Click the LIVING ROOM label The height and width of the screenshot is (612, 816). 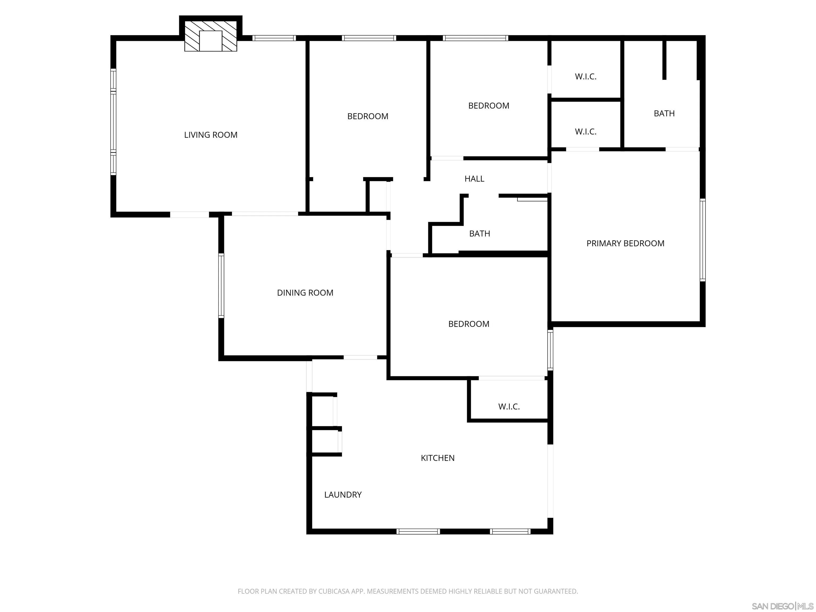pyautogui.click(x=211, y=135)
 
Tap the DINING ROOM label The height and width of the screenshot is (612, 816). pyautogui.click(x=305, y=293)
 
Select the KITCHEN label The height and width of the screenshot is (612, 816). pyautogui.click(x=437, y=458)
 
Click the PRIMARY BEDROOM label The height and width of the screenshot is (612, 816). pyautogui.click(x=625, y=244)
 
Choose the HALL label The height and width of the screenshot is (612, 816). pyautogui.click(x=474, y=179)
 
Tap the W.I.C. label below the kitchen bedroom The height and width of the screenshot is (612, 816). pyautogui.click(x=509, y=407)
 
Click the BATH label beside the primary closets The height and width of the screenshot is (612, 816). pyautogui.click(x=664, y=114)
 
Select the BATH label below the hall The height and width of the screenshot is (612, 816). pyautogui.click(x=479, y=234)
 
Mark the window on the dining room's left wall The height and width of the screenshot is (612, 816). pyautogui.click(x=221, y=286)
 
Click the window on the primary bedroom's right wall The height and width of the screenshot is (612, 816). pyautogui.click(x=702, y=240)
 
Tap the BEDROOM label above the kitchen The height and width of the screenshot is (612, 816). pyautogui.click(x=469, y=324)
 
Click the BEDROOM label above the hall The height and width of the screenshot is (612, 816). pyautogui.click(x=488, y=106)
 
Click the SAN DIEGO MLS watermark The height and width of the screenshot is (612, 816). pyautogui.click(x=782, y=606)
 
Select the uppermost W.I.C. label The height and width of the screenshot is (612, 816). pyautogui.click(x=585, y=77)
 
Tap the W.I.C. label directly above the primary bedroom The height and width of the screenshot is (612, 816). pyautogui.click(x=585, y=132)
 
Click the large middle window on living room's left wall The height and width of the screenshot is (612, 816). pyautogui.click(x=113, y=122)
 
